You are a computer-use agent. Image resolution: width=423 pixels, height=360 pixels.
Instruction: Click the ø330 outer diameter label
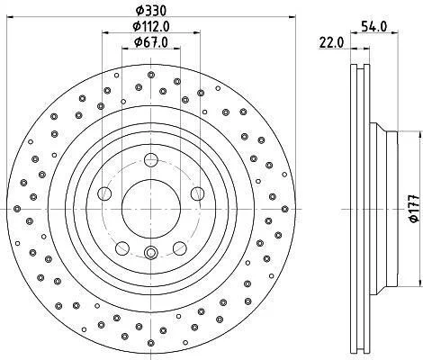click(151, 11)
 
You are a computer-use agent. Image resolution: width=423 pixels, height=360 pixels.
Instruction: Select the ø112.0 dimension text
click(151, 26)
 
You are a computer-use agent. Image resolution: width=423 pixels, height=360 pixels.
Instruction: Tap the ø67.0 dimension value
click(151, 42)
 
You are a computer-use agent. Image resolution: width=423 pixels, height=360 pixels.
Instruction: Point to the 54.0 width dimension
click(373, 26)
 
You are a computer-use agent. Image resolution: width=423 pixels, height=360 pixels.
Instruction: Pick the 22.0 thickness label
click(331, 42)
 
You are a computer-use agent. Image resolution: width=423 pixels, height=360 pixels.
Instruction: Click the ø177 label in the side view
click(414, 209)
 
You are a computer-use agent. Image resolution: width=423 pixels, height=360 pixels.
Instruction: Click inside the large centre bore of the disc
click(151, 209)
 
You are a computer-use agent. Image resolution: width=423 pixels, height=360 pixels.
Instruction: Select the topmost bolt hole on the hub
click(151, 160)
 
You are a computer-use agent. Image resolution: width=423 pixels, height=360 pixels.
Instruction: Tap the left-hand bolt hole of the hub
click(104, 193)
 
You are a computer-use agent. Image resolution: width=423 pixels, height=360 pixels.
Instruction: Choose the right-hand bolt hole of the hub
click(198, 193)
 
